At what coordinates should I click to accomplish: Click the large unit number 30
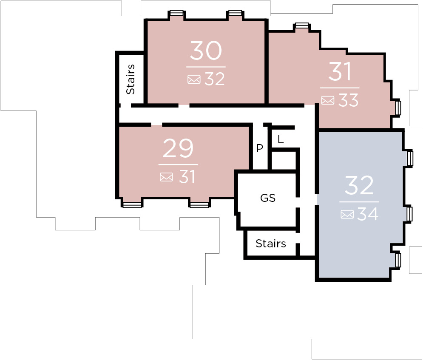click(x=206, y=51)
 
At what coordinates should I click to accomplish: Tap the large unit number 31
click(x=340, y=71)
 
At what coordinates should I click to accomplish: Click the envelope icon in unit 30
click(x=194, y=79)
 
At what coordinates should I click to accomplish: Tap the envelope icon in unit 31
click(x=328, y=100)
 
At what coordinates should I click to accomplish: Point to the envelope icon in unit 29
click(x=166, y=177)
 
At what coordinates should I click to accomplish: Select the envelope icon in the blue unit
click(x=347, y=214)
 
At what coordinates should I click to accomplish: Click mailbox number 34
click(x=368, y=214)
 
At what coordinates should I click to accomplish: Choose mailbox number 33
click(x=348, y=100)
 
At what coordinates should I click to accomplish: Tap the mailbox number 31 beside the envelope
click(x=187, y=177)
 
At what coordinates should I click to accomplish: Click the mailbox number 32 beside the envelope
click(x=214, y=79)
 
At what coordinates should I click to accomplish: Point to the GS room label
click(x=267, y=198)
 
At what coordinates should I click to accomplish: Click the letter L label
click(x=281, y=140)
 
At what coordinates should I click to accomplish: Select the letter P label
click(x=259, y=148)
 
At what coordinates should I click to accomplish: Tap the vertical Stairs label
click(x=131, y=79)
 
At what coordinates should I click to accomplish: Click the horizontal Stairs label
click(x=270, y=244)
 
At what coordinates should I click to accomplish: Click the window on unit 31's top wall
click(x=301, y=26)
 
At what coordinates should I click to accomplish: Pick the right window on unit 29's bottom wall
click(x=199, y=205)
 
